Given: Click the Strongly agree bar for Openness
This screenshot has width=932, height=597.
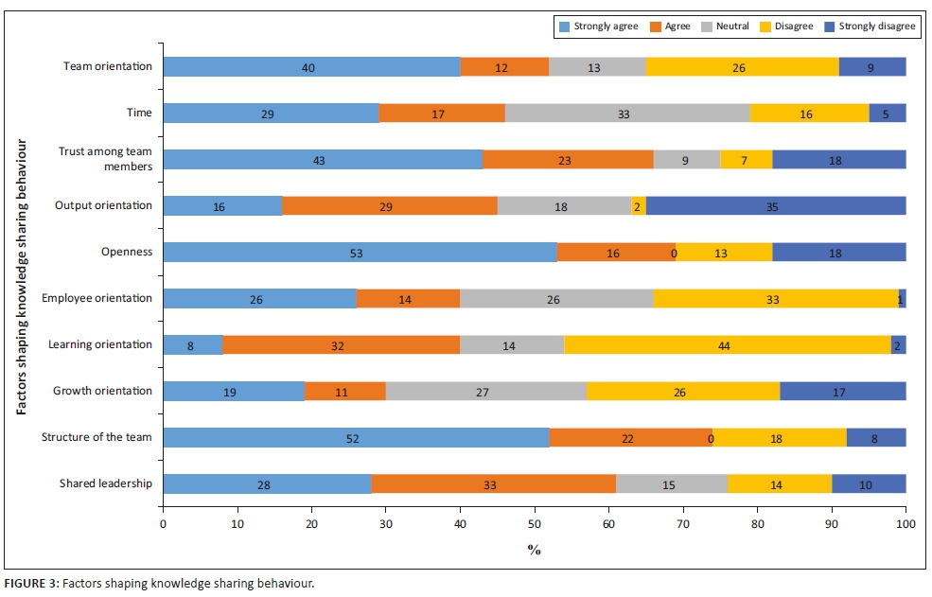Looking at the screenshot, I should (360, 252).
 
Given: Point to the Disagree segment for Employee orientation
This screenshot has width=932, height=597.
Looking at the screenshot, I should (775, 298).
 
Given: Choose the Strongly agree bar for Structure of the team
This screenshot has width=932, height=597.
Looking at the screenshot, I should (356, 437).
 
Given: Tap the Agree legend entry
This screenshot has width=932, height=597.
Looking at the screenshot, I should (673, 26).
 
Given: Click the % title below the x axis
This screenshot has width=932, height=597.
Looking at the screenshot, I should (535, 550).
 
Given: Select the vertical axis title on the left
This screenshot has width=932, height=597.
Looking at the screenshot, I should (20, 274).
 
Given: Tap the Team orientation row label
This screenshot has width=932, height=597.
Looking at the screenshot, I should (107, 66).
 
